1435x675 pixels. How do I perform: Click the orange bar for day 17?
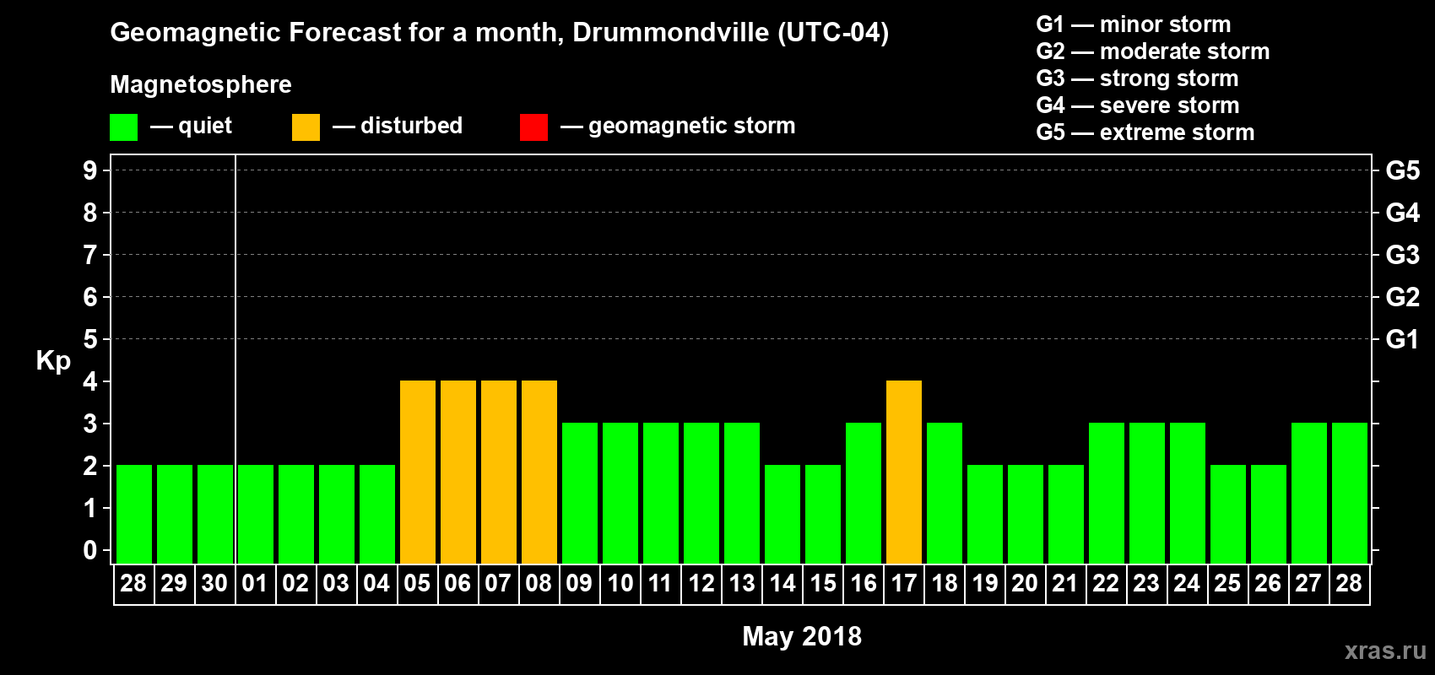tap(904, 472)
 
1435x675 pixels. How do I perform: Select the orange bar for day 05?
tap(418, 472)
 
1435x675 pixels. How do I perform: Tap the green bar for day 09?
tap(580, 493)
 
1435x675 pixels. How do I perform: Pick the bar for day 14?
tap(782, 514)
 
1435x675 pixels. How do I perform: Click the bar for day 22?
tap(1107, 493)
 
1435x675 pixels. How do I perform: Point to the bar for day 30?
tap(215, 514)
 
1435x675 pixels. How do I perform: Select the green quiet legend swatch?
tap(123, 127)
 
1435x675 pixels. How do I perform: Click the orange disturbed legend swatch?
tap(306, 127)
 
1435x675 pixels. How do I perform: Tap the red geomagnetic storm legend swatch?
tap(533, 127)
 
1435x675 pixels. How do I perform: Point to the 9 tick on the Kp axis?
tap(90, 170)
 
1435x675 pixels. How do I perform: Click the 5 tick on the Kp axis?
tap(90, 339)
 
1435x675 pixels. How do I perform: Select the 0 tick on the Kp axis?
tap(90, 550)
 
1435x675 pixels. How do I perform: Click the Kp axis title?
tap(53, 361)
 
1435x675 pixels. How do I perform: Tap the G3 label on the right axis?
tap(1402, 255)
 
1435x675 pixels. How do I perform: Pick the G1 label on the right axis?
tap(1402, 339)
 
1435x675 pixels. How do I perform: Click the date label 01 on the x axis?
tap(255, 583)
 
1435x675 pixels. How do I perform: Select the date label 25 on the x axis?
tap(1227, 583)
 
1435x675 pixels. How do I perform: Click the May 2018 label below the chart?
tap(802, 636)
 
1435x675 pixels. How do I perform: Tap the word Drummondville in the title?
tap(670, 33)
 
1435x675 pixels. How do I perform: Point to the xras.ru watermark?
tap(1385, 651)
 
